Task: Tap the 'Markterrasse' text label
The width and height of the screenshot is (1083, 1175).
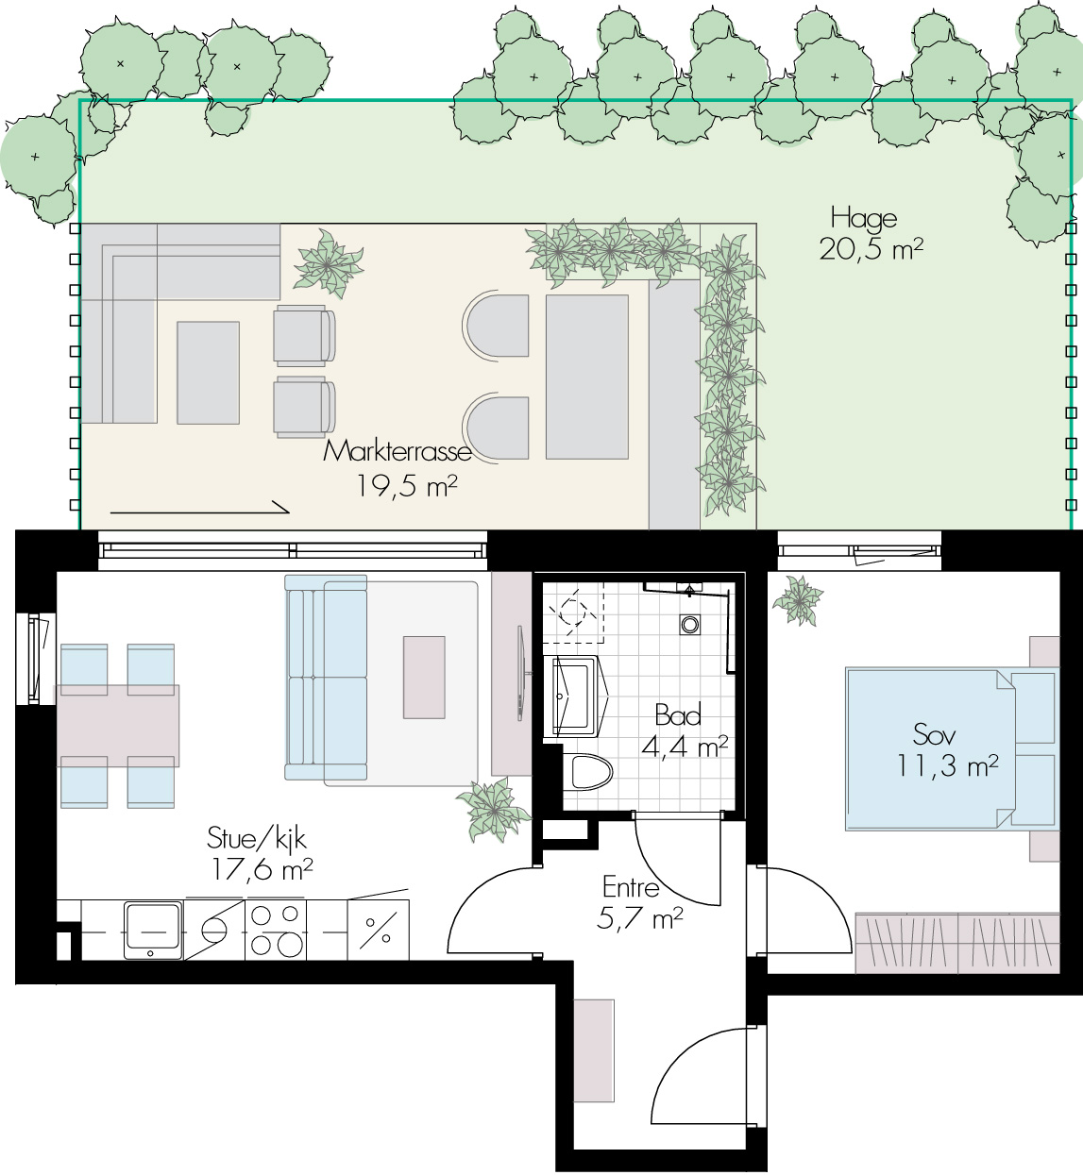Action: coord(398,452)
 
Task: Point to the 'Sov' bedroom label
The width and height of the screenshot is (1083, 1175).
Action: coord(934,734)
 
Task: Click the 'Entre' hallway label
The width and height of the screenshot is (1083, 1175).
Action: coord(631,888)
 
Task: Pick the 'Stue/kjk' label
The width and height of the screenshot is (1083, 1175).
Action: coord(256,839)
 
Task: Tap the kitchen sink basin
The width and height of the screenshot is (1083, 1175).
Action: coord(152,931)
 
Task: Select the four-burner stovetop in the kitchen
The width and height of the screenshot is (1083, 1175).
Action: coord(275,931)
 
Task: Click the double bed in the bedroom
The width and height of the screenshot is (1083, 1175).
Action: coord(951,749)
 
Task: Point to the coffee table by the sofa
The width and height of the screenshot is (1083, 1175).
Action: coord(424,677)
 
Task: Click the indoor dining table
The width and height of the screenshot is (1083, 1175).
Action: coord(117,726)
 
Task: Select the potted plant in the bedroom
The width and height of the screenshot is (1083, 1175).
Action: coord(798,600)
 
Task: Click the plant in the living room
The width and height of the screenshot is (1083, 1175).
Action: coord(494,809)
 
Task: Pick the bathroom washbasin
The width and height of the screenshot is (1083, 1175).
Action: coord(576,697)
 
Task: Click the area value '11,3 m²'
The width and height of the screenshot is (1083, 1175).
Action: coord(947,765)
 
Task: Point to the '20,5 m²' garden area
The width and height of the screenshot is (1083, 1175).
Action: coord(871,250)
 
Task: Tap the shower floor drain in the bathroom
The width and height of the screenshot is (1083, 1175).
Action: coord(690,625)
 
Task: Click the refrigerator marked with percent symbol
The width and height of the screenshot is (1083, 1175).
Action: coord(378,931)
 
